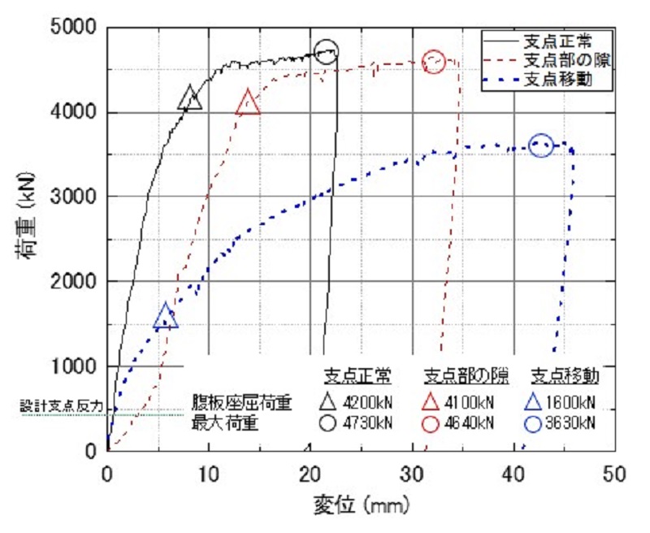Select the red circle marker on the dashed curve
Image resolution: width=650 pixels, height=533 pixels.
(x=435, y=62)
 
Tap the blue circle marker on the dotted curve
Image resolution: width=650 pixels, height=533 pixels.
(x=541, y=145)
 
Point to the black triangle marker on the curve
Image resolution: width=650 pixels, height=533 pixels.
(x=190, y=98)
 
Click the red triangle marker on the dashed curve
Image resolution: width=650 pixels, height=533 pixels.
(x=249, y=103)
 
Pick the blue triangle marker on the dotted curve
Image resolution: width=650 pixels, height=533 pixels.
(x=166, y=317)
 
